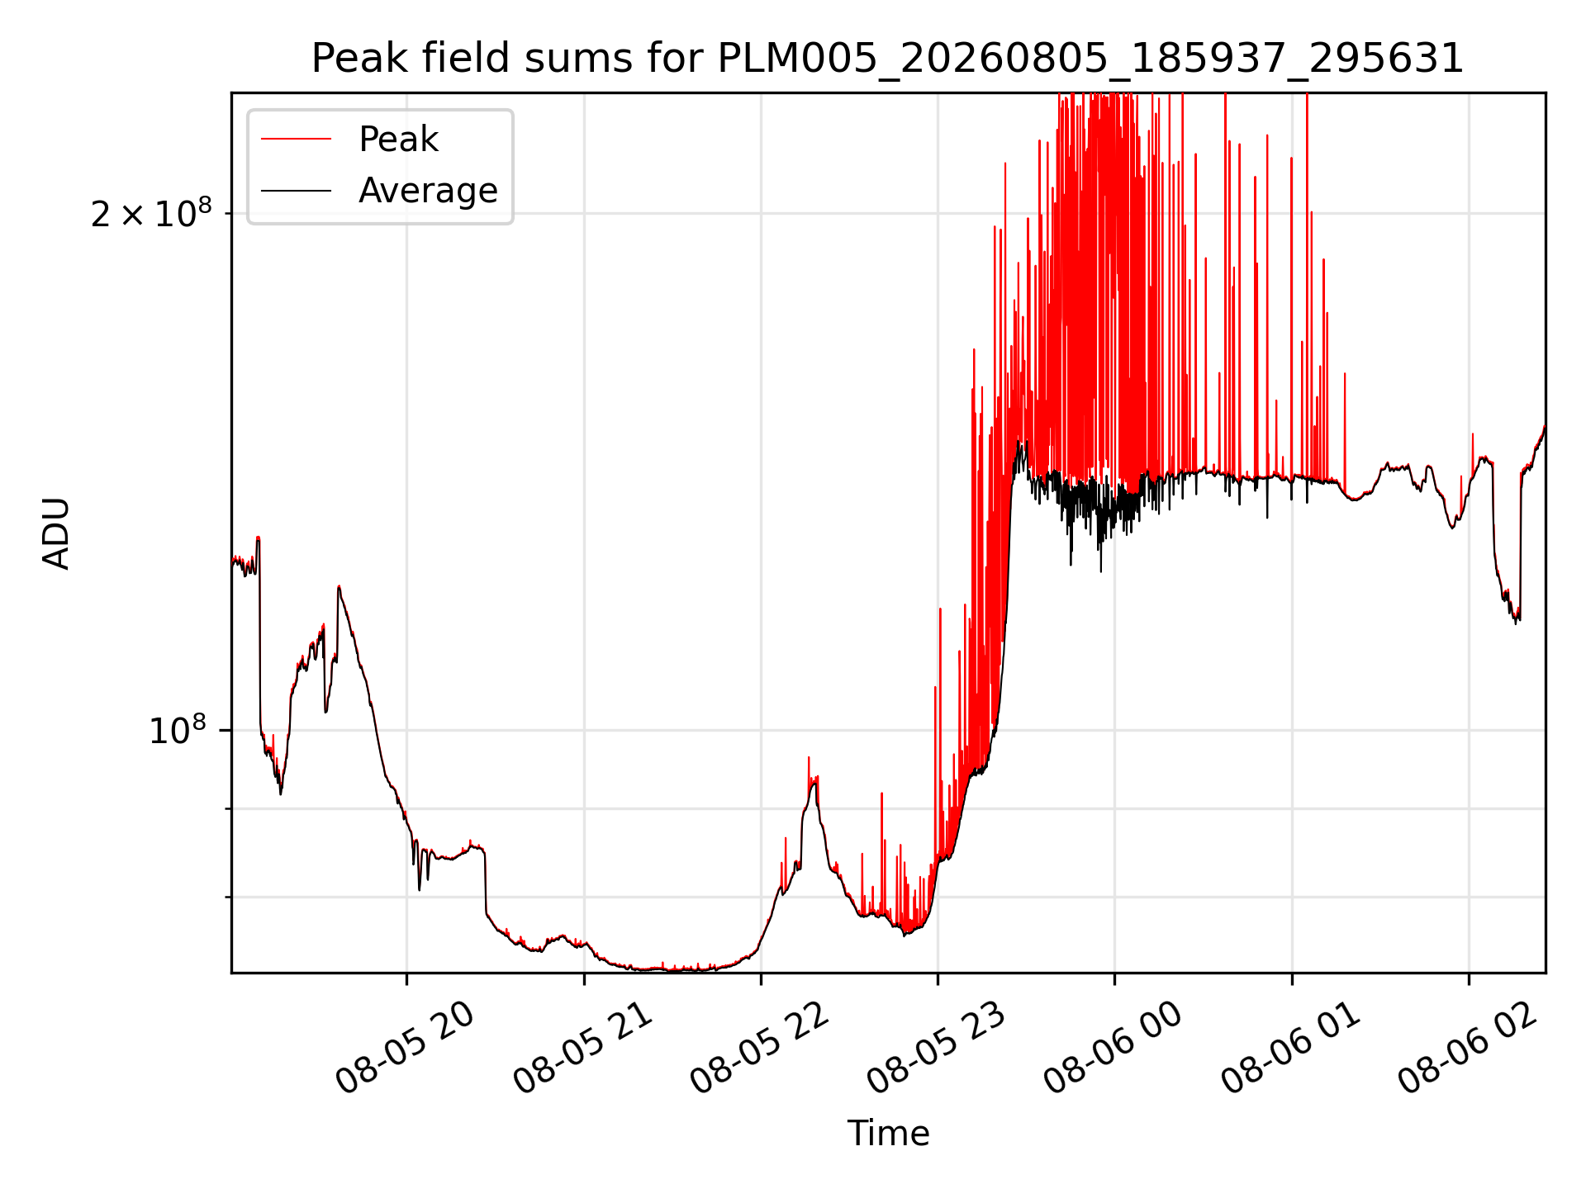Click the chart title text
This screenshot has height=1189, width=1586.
[x=888, y=59]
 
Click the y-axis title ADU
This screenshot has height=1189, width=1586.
[x=56, y=533]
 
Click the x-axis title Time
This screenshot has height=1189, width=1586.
[x=888, y=1133]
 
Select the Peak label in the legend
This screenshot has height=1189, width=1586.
[x=398, y=140]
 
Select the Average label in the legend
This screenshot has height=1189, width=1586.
[x=428, y=191]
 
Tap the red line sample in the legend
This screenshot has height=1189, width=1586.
[x=296, y=140]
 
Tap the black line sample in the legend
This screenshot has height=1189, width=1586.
[x=296, y=191]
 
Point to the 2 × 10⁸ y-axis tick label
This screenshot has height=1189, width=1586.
[x=151, y=213]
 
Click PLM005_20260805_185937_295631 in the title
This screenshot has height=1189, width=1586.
[x=1090, y=59]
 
